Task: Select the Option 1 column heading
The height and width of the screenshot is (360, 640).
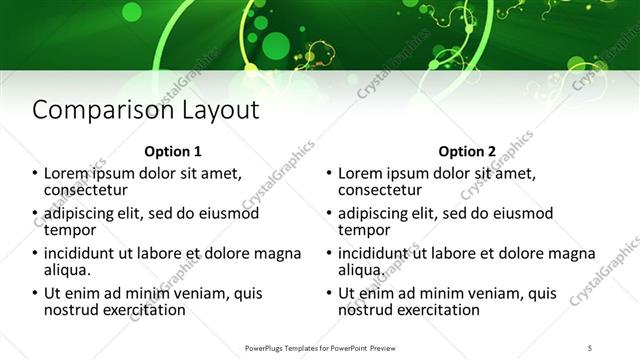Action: pos(173,152)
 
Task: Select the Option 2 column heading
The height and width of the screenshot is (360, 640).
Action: pos(466,152)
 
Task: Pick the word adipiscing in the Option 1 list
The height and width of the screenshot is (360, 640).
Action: pos(81,213)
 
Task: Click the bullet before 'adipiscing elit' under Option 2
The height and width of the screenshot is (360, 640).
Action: pos(329,214)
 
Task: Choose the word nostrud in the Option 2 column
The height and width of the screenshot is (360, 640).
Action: pos(367,309)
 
